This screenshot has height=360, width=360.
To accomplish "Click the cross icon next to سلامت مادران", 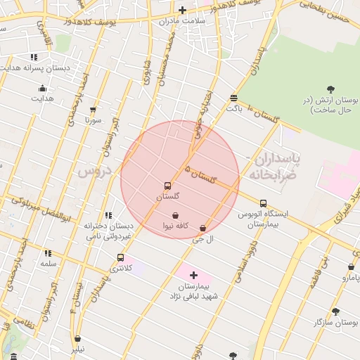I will click(183, 10).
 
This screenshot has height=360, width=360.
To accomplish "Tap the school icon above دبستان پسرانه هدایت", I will click(33, 57).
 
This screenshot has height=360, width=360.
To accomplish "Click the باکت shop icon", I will click(233, 98).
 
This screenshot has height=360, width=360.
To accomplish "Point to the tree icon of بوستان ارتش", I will click(330, 89).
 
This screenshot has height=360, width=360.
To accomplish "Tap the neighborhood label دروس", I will click(91, 171).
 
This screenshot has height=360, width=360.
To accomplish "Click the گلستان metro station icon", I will click(167, 186).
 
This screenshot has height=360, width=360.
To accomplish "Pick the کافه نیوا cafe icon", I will click(174, 214).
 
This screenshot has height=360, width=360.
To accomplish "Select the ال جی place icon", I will click(203, 229).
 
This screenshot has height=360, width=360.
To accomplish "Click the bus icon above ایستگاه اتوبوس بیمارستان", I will click(263, 203).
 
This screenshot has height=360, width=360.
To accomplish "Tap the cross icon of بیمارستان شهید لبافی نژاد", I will click(194, 275).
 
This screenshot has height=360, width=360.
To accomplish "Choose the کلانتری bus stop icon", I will click(121, 257).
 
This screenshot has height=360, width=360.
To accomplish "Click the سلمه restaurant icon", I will click(48, 253).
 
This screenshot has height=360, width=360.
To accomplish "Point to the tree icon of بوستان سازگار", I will click(335, 310).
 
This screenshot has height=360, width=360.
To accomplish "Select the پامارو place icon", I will click(351, 267).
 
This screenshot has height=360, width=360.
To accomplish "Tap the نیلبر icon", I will click(77, 338).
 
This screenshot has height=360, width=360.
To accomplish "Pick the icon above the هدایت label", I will click(42, 88).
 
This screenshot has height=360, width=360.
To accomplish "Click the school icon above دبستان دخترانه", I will click(108, 216).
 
